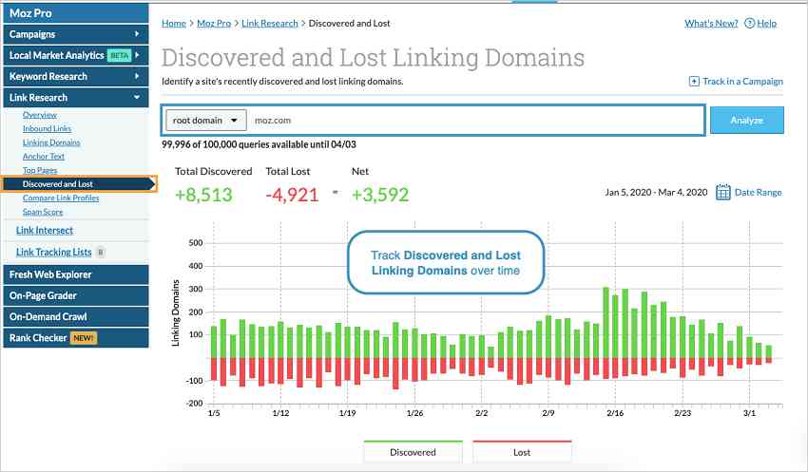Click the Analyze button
click(746, 120)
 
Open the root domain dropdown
click(205, 120)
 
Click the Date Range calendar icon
click(723, 192)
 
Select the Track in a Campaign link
click(736, 82)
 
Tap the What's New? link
click(711, 23)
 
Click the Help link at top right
click(760, 23)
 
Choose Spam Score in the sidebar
click(43, 212)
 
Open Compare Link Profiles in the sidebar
click(61, 198)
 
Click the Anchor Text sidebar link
click(44, 156)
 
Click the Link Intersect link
click(45, 230)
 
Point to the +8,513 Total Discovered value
click(204, 195)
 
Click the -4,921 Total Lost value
click(292, 195)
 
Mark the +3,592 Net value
click(380, 195)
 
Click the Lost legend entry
click(522, 452)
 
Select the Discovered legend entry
click(413, 452)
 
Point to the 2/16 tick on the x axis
click(615, 413)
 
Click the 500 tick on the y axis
click(196, 242)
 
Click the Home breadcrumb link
click(174, 23)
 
